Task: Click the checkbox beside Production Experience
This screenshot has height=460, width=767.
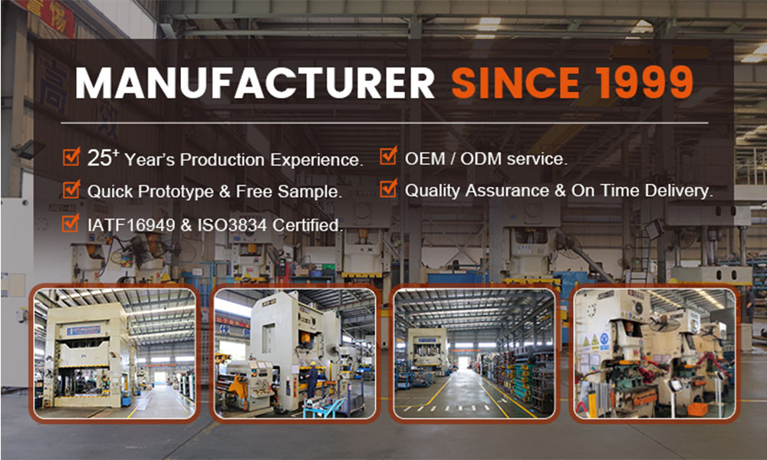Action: point(71,158)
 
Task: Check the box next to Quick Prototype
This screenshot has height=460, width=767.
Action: point(71,189)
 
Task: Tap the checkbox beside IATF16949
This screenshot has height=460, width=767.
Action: point(71,223)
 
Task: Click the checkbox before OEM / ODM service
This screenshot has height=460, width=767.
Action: point(389,158)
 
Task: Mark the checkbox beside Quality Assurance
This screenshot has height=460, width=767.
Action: point(389,189)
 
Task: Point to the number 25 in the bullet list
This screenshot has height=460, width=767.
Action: point(100,159)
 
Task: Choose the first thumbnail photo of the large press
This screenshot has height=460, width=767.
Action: point(115,353)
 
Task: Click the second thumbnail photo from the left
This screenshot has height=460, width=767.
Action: point(295,353)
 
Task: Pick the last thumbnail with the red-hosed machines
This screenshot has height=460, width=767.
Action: point(655,353)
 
